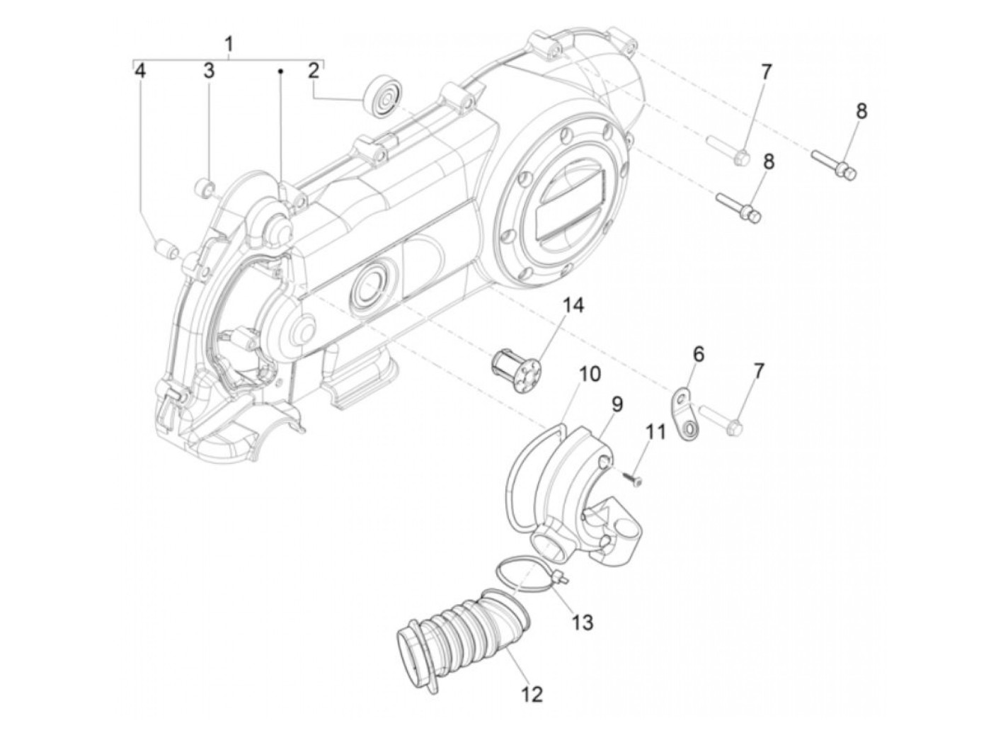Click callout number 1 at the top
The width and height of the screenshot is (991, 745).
coord(229,45)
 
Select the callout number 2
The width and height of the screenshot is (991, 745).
coord(314,70)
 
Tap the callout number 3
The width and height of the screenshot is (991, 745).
coord(209,70)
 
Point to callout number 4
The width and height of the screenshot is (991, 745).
coord(141,70)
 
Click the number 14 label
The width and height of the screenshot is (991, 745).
coord(574,305)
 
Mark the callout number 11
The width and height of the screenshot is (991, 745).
coord(655,431)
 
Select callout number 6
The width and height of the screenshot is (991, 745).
coord(698,354)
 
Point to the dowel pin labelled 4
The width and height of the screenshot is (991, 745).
coord(164,250)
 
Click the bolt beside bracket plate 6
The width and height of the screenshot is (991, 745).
coord(722,420)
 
